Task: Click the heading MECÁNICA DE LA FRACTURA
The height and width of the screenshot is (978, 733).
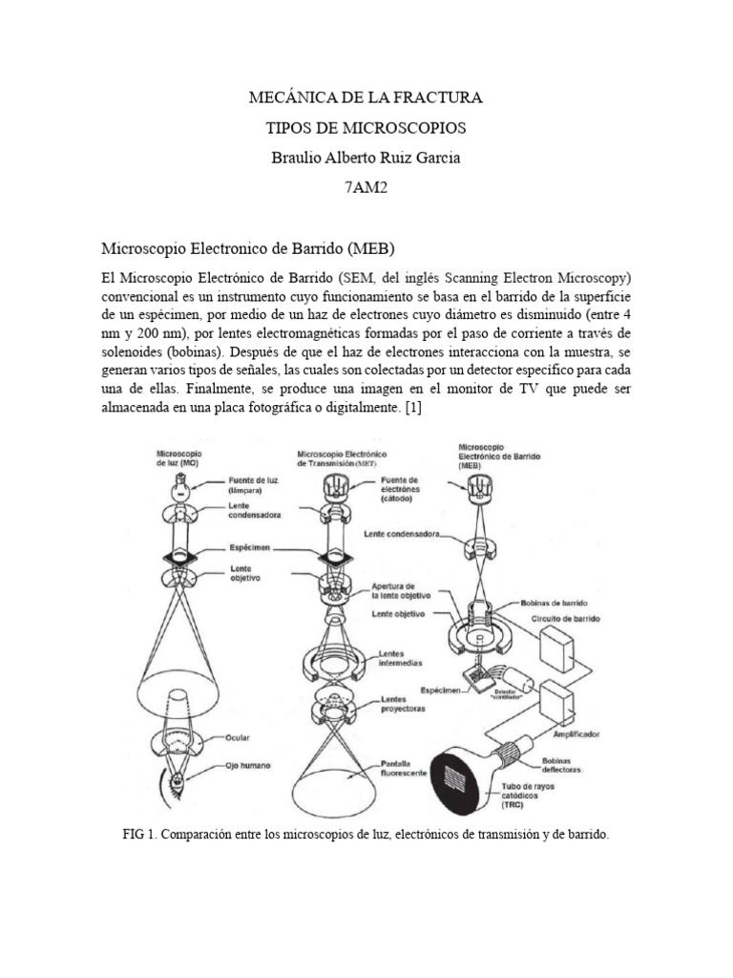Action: click(x=366, y=97)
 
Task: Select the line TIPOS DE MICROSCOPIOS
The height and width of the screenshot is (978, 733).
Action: click(x=366, y=128)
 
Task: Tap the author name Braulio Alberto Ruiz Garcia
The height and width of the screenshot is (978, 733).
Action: click(x=366, y=158)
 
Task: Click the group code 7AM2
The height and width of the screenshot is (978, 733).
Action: click(x=366, y=187)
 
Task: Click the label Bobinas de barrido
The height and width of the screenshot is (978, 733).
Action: click(x=555, y=604)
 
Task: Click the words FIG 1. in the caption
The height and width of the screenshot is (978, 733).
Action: click(x=140, y=834)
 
